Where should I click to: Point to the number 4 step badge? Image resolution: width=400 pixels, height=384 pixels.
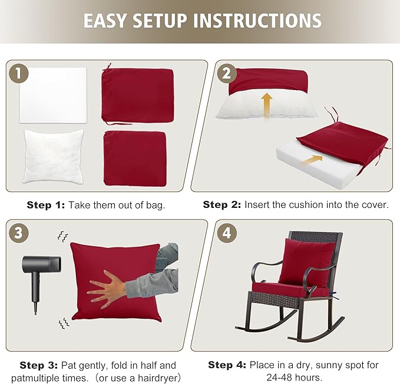pyautogui.click(x=225, y=233)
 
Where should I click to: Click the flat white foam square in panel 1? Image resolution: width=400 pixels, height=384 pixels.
pyautogui.click(x=53, y=94)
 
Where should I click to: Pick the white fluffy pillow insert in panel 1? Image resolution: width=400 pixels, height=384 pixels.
pyautogui.click(x=54, y=155)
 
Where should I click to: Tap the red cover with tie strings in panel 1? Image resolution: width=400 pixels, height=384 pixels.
pyautogui.click(x=138, y=95)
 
